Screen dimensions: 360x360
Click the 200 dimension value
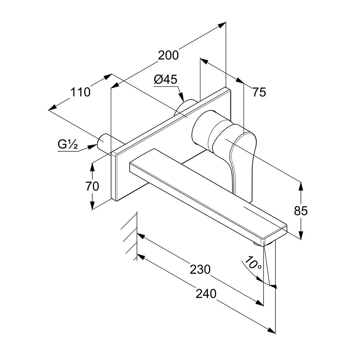tap(168, 55)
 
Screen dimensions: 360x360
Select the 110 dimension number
tap(80, 92)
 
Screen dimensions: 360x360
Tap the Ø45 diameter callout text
tap(166, 79)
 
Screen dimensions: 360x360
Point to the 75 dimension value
tap(259, 92)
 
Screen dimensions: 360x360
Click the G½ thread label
tap(68, 144)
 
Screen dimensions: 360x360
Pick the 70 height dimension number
tap(92, 186)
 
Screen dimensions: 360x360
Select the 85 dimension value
tap(301, 210)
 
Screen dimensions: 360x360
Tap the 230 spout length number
tap(200, 269)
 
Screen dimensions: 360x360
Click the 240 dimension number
tap(206, 294)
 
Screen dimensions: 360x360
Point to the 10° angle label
tap(253, 263)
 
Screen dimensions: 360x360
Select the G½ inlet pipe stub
tap(105, 142)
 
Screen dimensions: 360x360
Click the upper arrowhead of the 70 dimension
tap(92, 167)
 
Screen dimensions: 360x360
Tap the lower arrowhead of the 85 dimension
tap(301, 235)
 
